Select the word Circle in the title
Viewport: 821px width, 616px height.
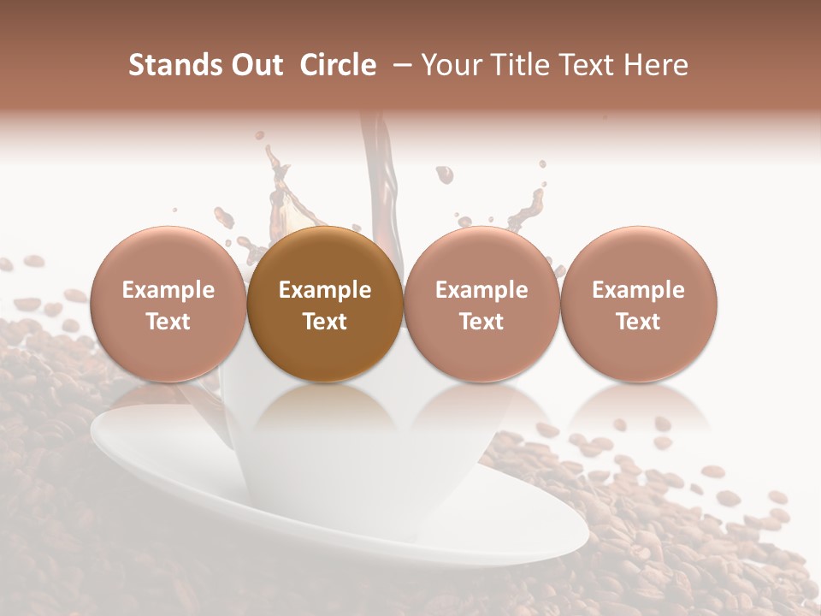(338, 65)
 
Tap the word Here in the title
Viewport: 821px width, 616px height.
(657, 65)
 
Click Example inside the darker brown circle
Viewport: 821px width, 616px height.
(325, 290)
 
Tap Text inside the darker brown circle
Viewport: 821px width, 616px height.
(325, 322)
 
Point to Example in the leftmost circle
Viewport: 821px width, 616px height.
(168, 290)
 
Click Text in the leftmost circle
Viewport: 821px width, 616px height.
(168, 322)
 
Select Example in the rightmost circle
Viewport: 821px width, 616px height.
(639, 290)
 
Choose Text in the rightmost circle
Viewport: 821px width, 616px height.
(639, 322)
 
